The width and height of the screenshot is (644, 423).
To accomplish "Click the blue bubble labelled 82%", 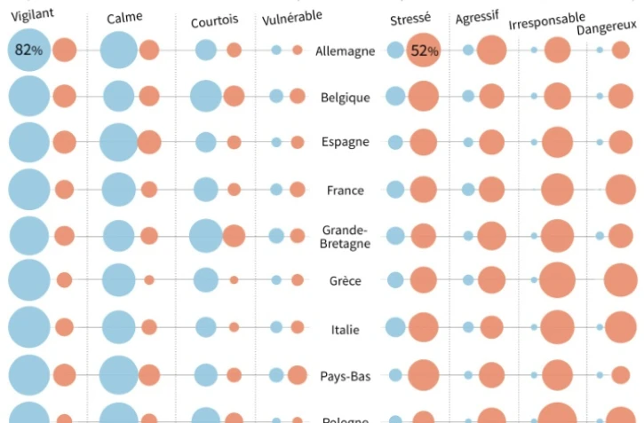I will pyautogui.click(x=28, y=51).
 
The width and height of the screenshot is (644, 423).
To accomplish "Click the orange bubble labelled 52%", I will pyautogui.click(x=424, y=51).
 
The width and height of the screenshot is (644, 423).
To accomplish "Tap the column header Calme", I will pyautogui.click(x=123, y=17).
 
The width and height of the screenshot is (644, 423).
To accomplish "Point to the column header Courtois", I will pyautogui.click(x=214, y=20).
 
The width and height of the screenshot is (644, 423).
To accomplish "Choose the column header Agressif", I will pyautogui.click(x=477, y=18).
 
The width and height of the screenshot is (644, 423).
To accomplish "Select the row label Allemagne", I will pyautogui.click(x=346, y=51).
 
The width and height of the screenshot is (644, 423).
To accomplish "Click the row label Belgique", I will pyautogui.click(x=345, y=98).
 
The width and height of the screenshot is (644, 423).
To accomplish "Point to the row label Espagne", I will pyautogui.click(x=345, y=142).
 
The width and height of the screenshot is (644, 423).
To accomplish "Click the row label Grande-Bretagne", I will pyautogui.click(x=345, y=237).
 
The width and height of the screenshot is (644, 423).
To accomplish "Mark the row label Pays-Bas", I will pyautogui.click(x=345, y=375).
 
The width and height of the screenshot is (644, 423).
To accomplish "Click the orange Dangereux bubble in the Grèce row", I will pyautogui.click(x=620, y=281).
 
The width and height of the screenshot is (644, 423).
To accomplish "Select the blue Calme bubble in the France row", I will pyautogui.click(x=117, y=189).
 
